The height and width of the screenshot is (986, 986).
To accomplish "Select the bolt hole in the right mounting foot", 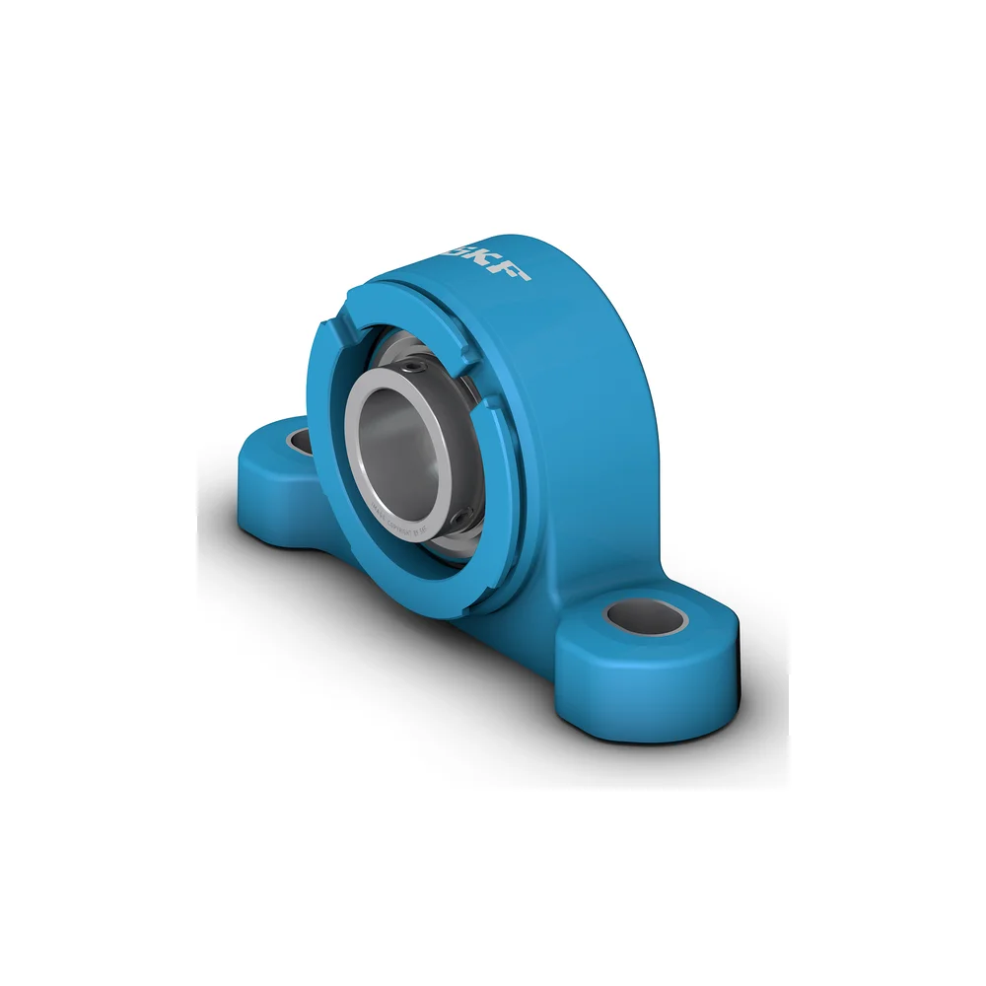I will click(645, 618).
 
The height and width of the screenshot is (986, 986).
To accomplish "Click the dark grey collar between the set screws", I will click(463, 444).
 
